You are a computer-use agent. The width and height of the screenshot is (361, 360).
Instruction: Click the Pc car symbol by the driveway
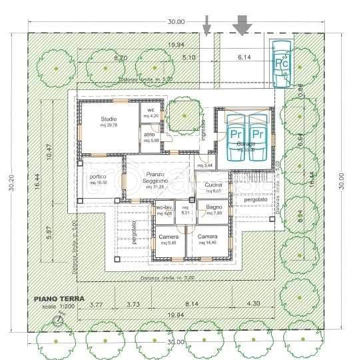[x=280, y=61]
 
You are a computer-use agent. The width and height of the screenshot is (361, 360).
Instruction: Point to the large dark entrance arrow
[x=240, y=25]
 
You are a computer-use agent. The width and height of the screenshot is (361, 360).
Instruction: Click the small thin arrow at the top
[x=207, y=25]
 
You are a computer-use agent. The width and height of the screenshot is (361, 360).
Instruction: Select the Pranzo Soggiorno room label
[x=157, y=178]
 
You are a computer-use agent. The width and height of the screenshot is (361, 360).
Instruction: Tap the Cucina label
[x=213, y=185]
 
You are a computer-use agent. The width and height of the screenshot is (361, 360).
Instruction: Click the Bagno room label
[x=213, y=209]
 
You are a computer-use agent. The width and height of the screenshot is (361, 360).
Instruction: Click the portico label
[x=99, y=177]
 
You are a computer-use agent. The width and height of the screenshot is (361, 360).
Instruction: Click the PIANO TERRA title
[x=59, y=299]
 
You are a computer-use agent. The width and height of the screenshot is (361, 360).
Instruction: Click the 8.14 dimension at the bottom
[x=191, y=305]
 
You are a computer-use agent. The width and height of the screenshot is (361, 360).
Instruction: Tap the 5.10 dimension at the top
[x=189, y=59]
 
